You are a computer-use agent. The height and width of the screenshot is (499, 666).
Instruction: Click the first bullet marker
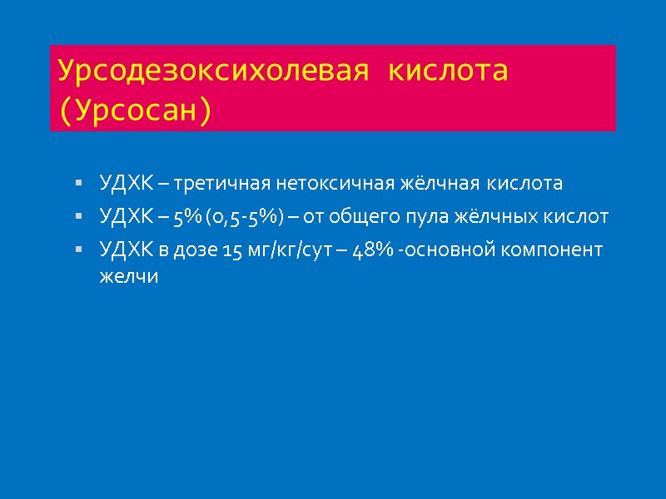pyautogui.click(x=78, y=182)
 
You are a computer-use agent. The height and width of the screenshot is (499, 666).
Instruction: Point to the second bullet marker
pyautogui.click(x=78, y=217)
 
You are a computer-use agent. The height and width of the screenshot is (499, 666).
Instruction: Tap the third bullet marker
pyautogui.click(x=78, y=249)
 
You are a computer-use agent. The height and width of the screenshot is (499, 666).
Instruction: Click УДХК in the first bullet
pyautogui.click(x=125, y=182)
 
